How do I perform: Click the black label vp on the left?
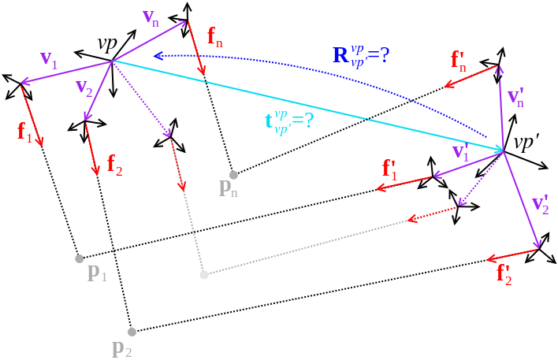click(x=106, y=43)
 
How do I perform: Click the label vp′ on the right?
click(x=526, y=143)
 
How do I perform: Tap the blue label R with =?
click(x=361, y=55)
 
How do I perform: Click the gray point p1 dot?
click(x=79, y=258)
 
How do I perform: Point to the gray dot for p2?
click(x=132, y=332)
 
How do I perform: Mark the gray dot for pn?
click(x=233, y=174)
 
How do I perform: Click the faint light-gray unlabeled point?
click(x=204, y=275)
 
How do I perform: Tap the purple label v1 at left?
click(x=48, y=58)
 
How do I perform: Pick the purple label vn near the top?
click(x=151, y=17)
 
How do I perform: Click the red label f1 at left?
click(x=24, y=131)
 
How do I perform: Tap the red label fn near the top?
click(x=214, y=37)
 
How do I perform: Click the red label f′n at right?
click(x=458, y=60)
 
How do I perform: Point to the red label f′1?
click(x=390, y=168)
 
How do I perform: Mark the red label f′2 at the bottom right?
click(x=504, y=273)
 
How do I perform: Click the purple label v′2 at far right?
click(x=541, y=203)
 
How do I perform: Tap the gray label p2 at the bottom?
click(x=121, y=347)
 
